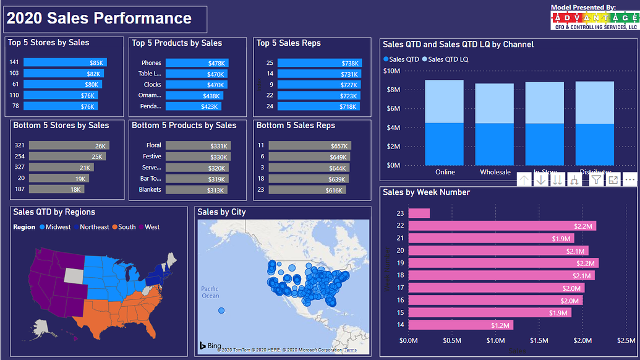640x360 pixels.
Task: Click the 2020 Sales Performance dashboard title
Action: (x=99, y=19)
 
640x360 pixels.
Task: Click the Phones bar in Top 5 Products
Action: (x=197, y=63)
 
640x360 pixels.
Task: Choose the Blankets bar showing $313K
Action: (x=196, y=190)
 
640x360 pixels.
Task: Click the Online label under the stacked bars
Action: (x=445, y=173)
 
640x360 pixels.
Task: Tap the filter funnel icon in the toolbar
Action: (x=595, y=179)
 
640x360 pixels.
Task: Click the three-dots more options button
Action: (x=630, y=179)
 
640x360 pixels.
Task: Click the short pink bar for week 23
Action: (x=419, y=213)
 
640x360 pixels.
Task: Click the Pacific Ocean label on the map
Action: (x=210, y=292)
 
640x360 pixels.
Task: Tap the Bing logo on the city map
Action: (x=210, y=345)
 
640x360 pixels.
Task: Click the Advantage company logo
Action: (x=594, y=19)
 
